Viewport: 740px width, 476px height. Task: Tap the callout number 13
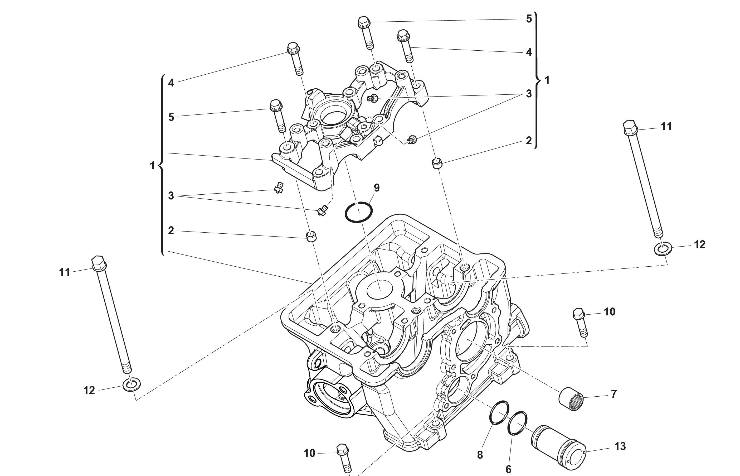tap(620, 446)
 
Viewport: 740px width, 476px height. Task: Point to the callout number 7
tap(614, 394)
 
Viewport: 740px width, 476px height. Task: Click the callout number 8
tap(480, 455)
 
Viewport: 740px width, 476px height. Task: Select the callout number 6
tap(508, 469)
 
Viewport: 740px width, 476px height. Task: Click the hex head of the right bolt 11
tap(630, 128)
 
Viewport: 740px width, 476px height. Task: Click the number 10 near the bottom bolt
tap(309, 453)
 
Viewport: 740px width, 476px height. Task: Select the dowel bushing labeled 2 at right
tap(437, 163)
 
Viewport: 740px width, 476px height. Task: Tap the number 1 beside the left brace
tap(152, 166)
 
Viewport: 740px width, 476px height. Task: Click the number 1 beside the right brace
tap(547, 80)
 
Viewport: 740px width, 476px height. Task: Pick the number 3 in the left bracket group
tap(171, 196)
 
